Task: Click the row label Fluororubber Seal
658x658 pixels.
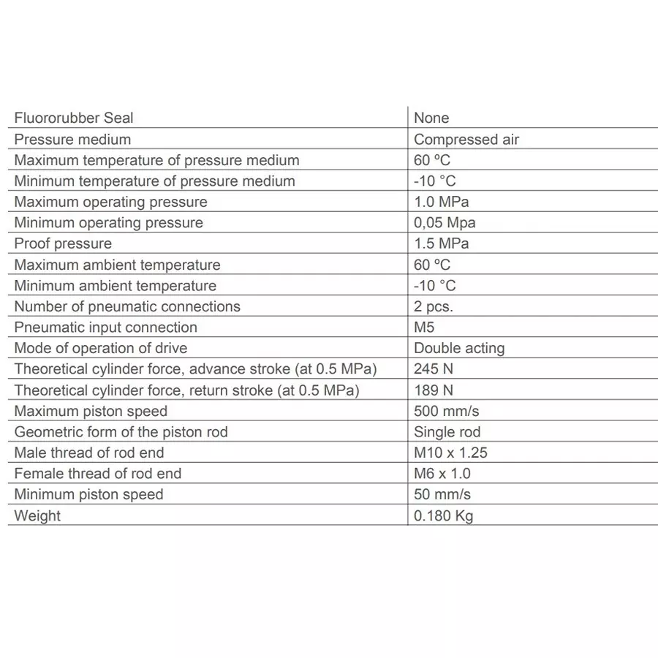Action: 74,118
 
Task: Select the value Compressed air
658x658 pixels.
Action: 466,139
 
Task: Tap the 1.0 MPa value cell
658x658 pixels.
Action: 441,202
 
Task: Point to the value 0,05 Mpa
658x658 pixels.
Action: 444,222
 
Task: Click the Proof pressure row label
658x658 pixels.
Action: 63,243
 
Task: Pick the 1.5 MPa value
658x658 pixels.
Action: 441,243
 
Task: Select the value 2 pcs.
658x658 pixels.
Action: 434,306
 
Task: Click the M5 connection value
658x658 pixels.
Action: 424,327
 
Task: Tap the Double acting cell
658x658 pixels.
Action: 459,348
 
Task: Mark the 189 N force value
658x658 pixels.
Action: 434,390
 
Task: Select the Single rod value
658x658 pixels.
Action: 447,431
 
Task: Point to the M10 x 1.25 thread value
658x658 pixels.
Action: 450,453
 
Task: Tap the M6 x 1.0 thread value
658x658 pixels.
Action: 442,473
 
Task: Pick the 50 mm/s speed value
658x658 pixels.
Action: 442,494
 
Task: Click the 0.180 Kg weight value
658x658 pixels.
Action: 443,515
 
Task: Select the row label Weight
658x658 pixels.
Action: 37,515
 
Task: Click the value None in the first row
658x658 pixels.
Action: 431,118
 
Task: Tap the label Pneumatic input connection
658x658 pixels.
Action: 106,327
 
